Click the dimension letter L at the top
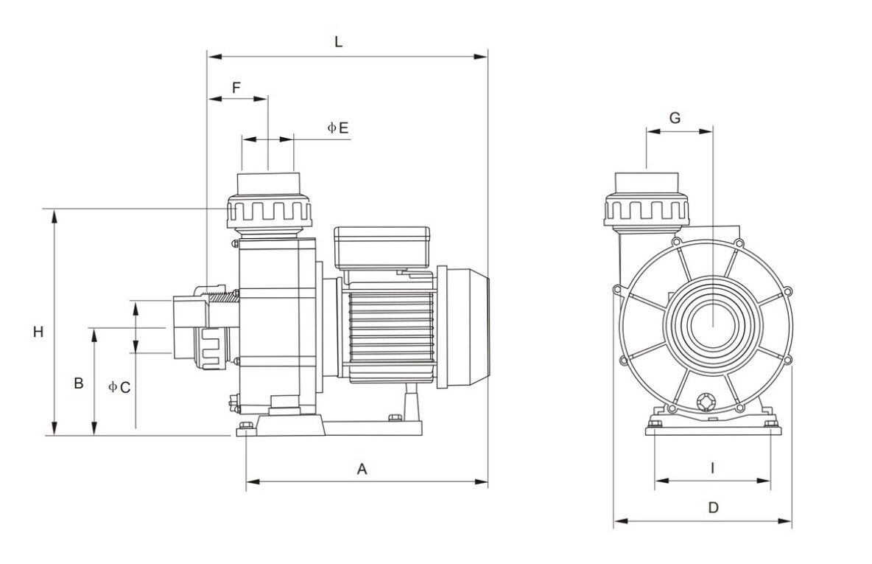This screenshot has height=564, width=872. click(338, 42)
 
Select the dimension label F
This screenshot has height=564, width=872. click(236, 87)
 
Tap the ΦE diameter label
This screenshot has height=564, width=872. click(338, 128)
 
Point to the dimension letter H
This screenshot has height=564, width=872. click(38, 333)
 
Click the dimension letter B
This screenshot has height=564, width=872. click(78, 383)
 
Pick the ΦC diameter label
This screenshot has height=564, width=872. click(119, 386)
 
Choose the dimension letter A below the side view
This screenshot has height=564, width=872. click(362, 469)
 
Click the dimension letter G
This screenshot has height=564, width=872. click(675, 118)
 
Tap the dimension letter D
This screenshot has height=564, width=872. click(713, 507)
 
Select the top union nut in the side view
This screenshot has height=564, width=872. click(270, 211)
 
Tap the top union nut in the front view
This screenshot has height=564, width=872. click(647, 209)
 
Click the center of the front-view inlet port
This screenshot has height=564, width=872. click(713, 324)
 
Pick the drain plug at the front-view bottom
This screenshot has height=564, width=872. click(706, 402)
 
